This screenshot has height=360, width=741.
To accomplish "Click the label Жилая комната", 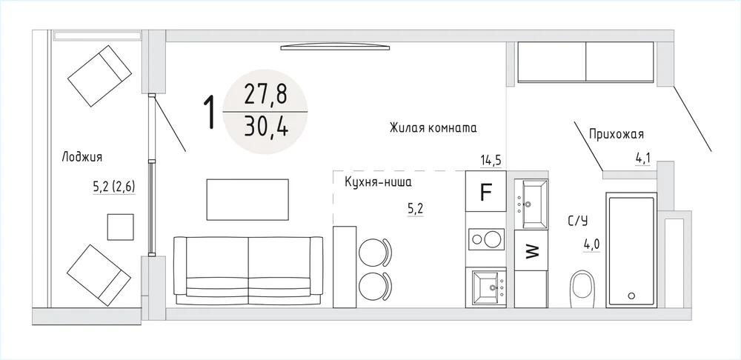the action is (433, 128).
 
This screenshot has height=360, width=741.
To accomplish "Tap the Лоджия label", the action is (82, 157).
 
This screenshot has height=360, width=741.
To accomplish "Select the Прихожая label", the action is (617, 135).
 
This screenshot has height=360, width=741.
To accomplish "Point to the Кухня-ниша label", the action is (378, 182).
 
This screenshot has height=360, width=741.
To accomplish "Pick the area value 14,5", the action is (491, 160).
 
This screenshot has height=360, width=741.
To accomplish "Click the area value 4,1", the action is (642, 158).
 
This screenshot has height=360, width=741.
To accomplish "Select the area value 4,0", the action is (591, 245).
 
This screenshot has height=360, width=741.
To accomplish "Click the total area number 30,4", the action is (266, 127).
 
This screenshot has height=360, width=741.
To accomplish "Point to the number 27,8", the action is (265, 96).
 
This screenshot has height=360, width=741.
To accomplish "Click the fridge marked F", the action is (486, 191).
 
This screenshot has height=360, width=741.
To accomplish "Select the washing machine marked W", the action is (531, 250).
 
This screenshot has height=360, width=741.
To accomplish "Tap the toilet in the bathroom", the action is (582, 289).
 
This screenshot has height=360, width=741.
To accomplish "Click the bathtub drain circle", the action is (631, 296).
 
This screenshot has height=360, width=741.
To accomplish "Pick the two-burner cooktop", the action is (486, 238).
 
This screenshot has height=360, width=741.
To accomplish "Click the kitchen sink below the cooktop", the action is (488, 287).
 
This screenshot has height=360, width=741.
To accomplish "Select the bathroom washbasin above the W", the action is (531, 204).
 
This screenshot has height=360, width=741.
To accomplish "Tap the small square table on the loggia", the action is (120, 227).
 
